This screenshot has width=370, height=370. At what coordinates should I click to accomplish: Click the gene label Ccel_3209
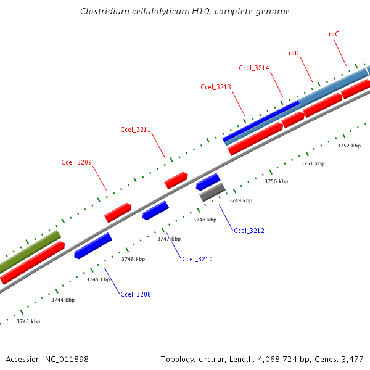coord(76,163)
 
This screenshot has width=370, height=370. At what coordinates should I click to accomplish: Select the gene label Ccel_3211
coord(136,129)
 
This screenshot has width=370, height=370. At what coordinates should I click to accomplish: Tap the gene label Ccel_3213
coord(216,87)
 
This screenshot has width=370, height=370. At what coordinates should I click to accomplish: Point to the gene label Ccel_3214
coord(254,68)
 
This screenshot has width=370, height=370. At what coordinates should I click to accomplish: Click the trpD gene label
coord(292,53)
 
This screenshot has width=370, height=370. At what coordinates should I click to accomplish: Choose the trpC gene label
coord(332,35)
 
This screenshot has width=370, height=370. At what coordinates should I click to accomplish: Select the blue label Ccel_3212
coord(249,231)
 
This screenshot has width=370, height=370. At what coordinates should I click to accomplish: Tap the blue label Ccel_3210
coord(197,259)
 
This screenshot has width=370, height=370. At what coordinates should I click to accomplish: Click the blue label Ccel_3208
coord(136,294)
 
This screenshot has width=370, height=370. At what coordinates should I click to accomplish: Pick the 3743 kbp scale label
coord(28,321)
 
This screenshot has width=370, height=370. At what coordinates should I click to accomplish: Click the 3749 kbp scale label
coord(240,200)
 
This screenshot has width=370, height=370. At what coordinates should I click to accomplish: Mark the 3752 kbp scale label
coord(349,146)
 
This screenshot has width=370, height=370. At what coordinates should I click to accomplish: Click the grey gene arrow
coord(212,192)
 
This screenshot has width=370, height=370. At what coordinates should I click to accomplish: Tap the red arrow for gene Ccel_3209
coord(118,213)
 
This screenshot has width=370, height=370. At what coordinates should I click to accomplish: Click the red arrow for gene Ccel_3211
coord(176,180)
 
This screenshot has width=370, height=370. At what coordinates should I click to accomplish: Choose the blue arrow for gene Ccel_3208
coord(92,245)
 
